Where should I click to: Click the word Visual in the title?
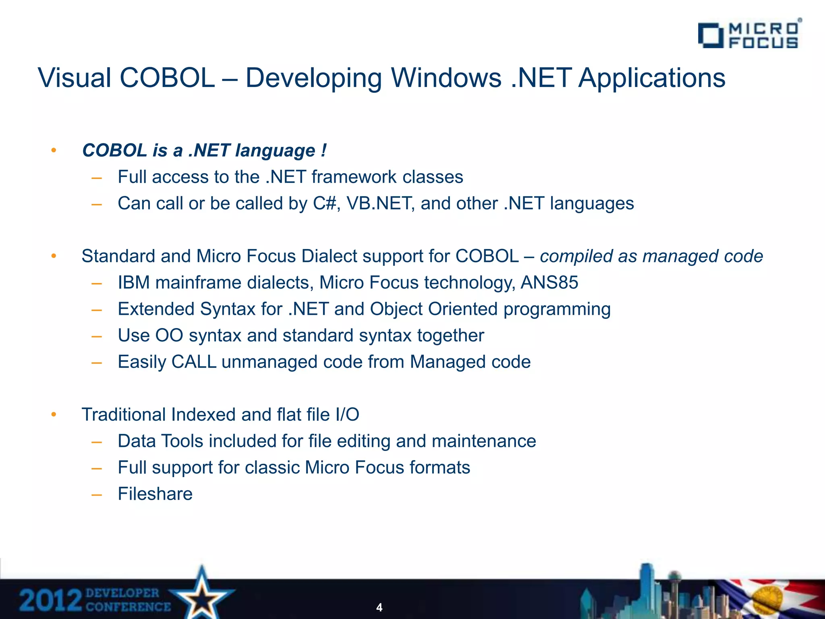[75, 77]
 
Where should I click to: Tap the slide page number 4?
[379, 607]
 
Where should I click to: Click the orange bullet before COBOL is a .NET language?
[54, 151]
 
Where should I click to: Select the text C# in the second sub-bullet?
[324, 204]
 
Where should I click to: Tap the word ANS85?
[549, 282]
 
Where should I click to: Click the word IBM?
[134, 282]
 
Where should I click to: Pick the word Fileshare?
[155, 494]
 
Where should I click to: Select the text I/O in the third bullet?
[347, 415]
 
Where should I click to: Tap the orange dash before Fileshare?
[97, 494]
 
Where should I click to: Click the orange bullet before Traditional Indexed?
[54, 415]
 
